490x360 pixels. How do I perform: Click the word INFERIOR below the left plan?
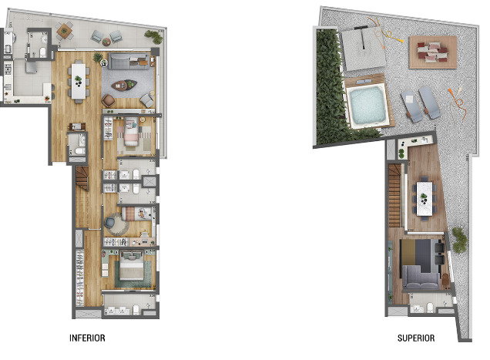(x=87, y=338)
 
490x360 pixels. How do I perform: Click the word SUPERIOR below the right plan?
(x=416, y=338)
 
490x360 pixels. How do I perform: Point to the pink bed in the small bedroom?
(x=129, y=136)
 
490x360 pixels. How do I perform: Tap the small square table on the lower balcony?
(x=64, y=31)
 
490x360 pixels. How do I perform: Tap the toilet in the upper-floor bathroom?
(x=428, y=310)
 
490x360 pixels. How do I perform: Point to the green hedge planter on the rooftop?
(x=329, y=85)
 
